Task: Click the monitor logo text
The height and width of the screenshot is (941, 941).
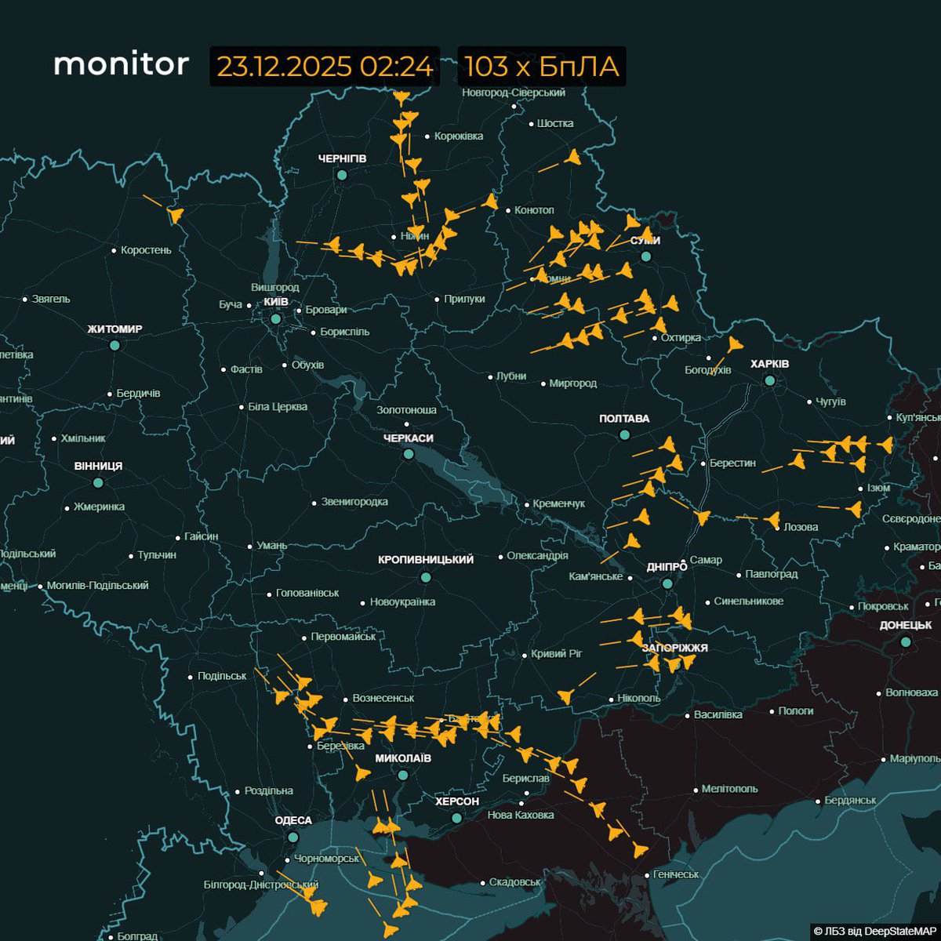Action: (121, 64)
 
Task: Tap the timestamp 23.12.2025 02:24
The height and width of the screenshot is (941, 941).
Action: (325, 67)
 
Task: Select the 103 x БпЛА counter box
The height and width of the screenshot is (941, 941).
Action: (541, 67)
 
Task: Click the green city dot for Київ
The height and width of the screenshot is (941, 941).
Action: (276, 319)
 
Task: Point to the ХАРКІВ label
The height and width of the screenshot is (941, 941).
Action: (769, 364)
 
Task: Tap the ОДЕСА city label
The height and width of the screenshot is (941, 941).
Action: (293, 820)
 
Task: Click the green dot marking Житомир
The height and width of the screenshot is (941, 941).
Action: (115, 345)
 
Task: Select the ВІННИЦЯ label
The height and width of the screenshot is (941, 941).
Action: (98, 466)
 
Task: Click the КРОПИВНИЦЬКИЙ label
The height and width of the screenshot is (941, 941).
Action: (426, 560)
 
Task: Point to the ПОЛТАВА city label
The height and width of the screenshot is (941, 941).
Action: (624, 419)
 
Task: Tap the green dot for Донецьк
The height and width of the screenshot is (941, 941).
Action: (906, 641)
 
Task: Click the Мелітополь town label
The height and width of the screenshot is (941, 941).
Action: (729, 789)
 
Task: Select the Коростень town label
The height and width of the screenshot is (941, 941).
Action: (146, 250)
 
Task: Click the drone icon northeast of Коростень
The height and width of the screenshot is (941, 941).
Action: (175, 215)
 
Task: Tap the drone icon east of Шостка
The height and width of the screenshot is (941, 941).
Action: (572, 159)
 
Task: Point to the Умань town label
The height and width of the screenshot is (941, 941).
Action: (272, 546)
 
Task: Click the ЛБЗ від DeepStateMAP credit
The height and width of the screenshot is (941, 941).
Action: (875, 931)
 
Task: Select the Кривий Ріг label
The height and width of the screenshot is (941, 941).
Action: (557, 653)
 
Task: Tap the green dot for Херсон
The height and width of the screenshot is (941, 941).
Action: (456, 818)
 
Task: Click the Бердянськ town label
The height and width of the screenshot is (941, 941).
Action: (850, 801)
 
